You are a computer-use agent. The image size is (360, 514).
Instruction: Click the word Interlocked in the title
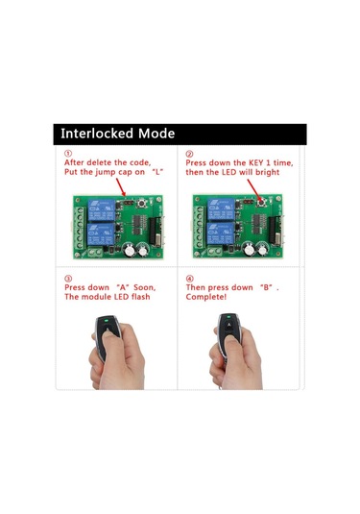pos(97,134)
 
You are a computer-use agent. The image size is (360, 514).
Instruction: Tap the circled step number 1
pos(68,153)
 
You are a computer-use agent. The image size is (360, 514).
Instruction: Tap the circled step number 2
pos(189,153)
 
